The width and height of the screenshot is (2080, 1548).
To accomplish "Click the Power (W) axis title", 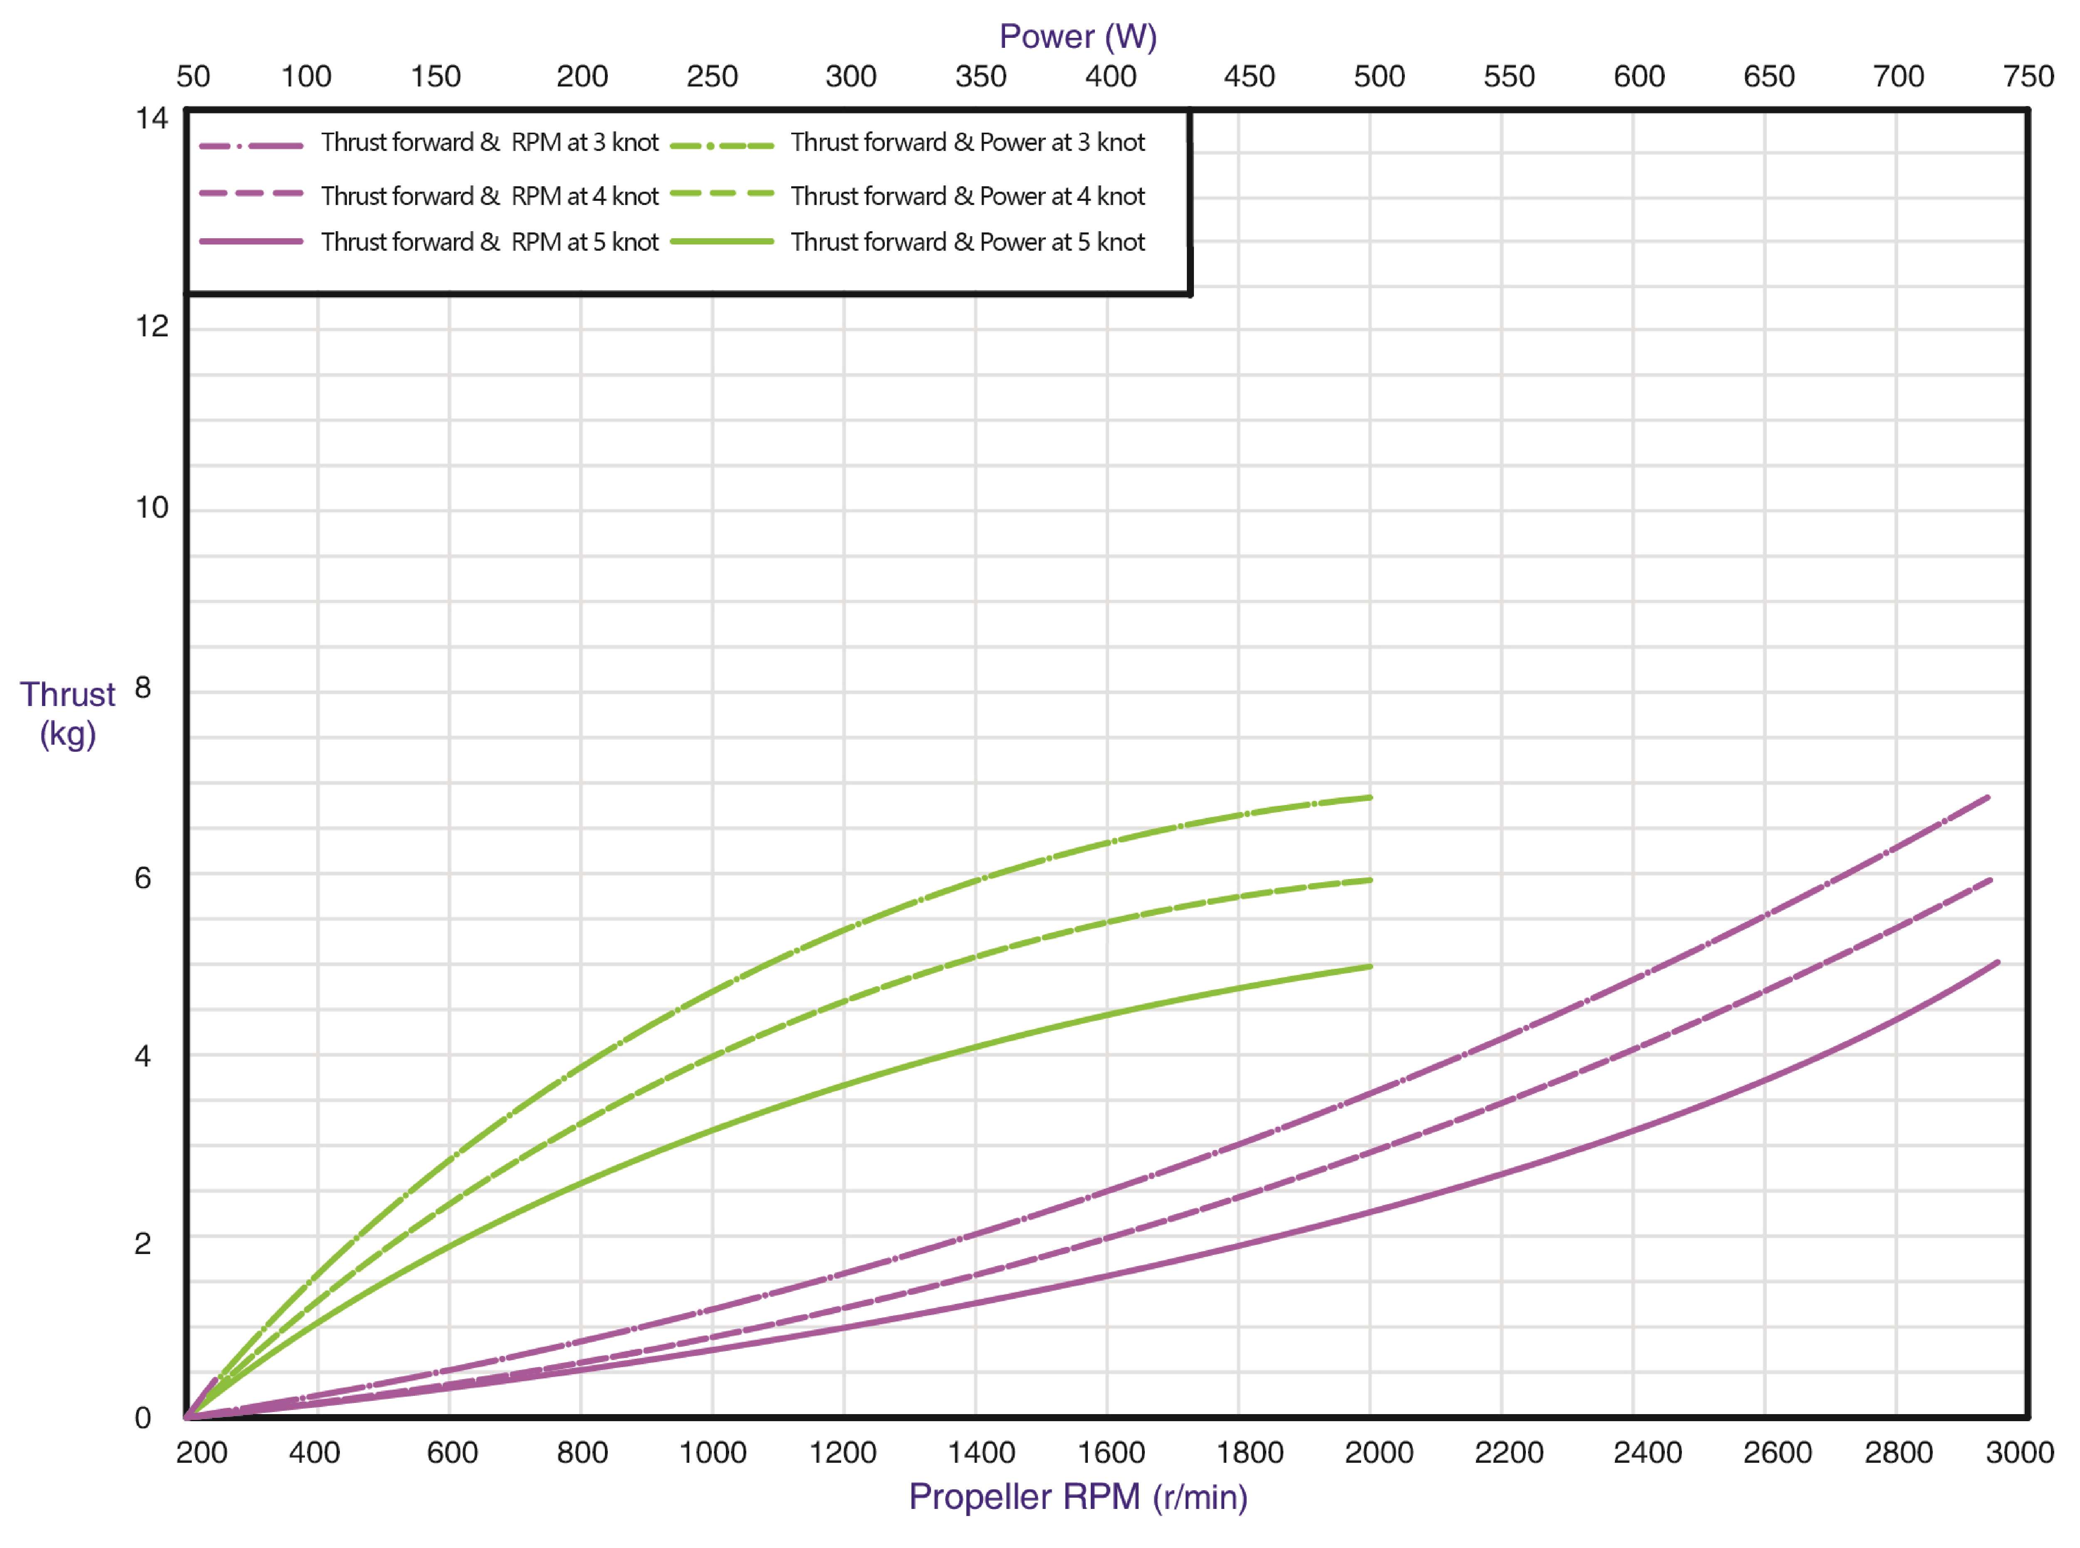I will point(1078,37).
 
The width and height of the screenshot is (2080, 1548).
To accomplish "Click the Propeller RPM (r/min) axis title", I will point(1078,1496).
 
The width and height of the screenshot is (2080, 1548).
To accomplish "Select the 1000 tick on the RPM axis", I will point(712,1452).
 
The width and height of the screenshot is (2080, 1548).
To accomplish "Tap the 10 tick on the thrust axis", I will point(152,508).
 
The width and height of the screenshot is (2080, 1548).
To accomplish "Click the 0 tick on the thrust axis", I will point(142,1417).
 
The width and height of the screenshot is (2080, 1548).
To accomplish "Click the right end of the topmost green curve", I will point(1370,797).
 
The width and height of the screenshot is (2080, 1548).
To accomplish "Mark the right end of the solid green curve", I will point(1370,966).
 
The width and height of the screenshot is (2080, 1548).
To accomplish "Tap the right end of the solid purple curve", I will point(1998,962).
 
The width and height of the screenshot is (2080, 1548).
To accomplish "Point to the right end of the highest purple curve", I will point(1987,797).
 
